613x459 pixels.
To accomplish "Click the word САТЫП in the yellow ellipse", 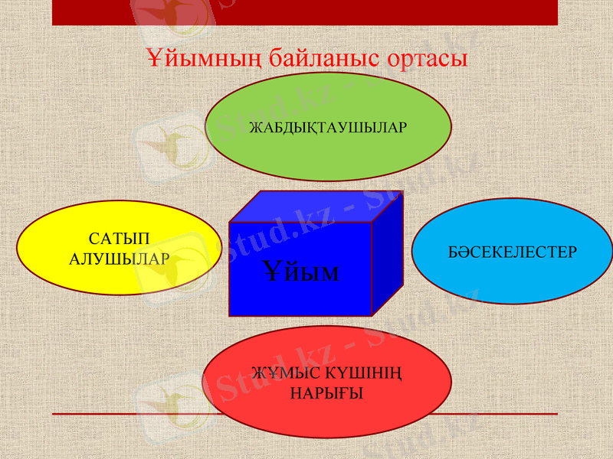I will click(119, 239).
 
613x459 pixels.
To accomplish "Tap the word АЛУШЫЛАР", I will click(119, 259).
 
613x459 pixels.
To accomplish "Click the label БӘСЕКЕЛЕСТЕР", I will click(512, 252).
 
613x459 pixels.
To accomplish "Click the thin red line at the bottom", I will click(115, 414).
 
